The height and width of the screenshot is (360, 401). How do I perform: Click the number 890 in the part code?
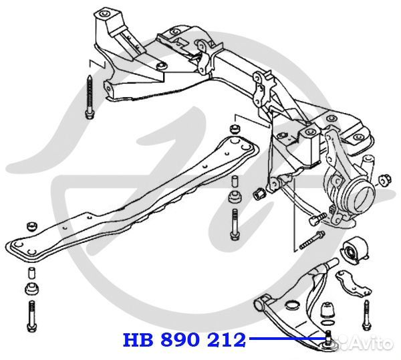[x=182, y=340]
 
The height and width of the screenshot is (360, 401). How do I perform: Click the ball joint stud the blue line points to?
[x=329, y=337]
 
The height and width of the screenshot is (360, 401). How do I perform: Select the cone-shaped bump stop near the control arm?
[x=328, y=310]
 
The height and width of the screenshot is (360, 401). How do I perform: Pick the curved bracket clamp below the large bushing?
[x=352, y=282]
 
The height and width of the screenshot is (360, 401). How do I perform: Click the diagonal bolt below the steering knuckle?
[x=312, y=239]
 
